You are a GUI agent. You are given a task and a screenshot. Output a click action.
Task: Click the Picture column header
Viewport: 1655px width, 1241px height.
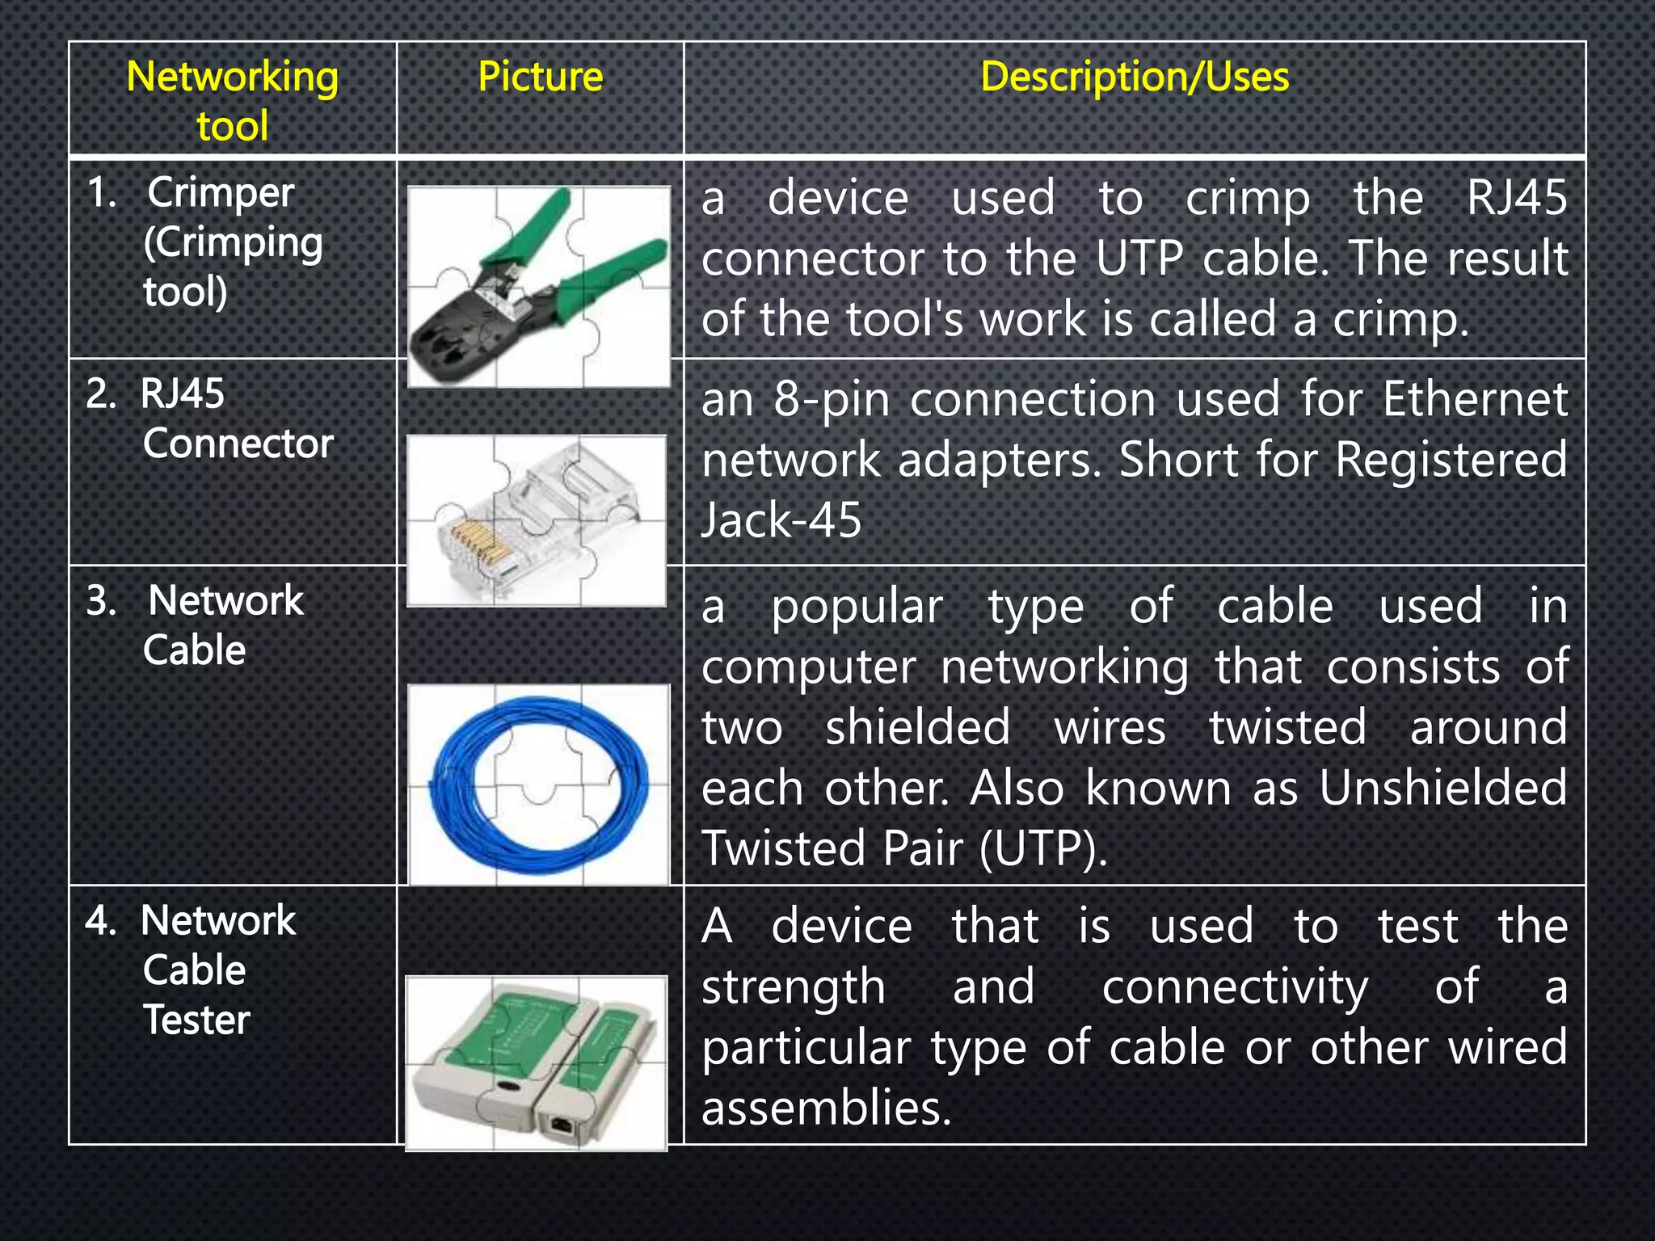tap(540, 78)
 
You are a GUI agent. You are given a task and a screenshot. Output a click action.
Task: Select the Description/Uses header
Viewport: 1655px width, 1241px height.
tap(1134, 78)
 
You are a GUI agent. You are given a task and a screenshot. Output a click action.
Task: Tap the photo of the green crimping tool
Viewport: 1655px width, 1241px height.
tap(539, 286)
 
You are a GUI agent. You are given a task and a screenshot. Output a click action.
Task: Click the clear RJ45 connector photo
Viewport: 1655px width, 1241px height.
tap(537, 520)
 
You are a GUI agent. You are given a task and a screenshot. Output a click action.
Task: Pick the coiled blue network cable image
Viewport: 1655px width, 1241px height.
tap(539, 784)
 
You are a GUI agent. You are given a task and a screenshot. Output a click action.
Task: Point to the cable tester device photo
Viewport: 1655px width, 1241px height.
tap(536, 1062)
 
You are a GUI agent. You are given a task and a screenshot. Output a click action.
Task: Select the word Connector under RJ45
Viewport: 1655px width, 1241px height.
tap(238, 444)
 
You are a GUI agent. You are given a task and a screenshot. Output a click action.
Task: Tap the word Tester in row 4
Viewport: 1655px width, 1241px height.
tap(196, 1020)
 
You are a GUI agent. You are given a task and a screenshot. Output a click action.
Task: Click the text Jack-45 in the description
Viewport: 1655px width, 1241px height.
tap(781, 520)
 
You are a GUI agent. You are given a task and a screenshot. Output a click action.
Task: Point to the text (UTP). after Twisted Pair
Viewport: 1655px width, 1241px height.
tap(1043, 848)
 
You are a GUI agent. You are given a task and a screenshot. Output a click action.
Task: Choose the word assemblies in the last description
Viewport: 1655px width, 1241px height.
tap(826, 1107)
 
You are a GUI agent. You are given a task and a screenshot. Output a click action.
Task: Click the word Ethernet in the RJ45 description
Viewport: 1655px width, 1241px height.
tap(1475, 399)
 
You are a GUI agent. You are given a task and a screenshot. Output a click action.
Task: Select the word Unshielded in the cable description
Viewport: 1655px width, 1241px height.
tap(1442, 788)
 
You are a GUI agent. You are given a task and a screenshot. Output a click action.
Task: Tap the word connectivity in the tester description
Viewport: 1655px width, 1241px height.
tap(1235, 986)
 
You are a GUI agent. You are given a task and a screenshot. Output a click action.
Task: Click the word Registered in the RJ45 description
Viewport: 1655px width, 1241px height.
tap(1451, 460)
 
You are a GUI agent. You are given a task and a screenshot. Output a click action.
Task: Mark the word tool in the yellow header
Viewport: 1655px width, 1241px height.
tap(232, 127)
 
